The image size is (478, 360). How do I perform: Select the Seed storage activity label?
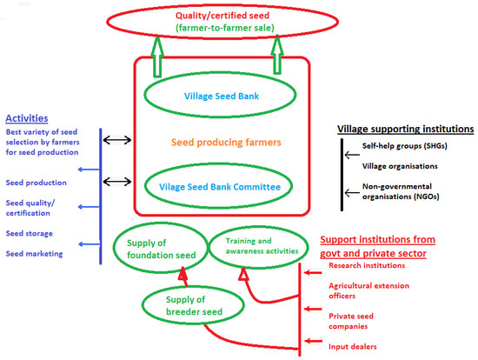click(x=30, y=233)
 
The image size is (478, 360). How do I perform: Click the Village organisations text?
click(x=399, y=165)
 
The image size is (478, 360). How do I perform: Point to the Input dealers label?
click(x=352, y=345)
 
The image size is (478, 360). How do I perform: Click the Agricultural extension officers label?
click(x=365, y=289)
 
